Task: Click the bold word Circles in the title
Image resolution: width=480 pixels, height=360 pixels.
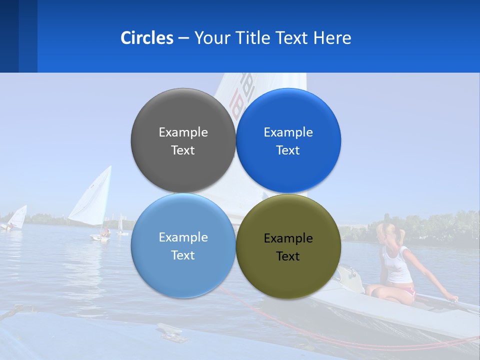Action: [x=146, y=38]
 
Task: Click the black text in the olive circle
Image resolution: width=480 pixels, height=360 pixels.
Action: [x=288, y=247]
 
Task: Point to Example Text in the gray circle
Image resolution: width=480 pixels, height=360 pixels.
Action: [x=183, y=141]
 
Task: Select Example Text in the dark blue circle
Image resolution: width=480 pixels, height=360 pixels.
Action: [x=288, y=141]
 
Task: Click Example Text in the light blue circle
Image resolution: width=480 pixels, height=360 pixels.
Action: [x=183, y=246]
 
